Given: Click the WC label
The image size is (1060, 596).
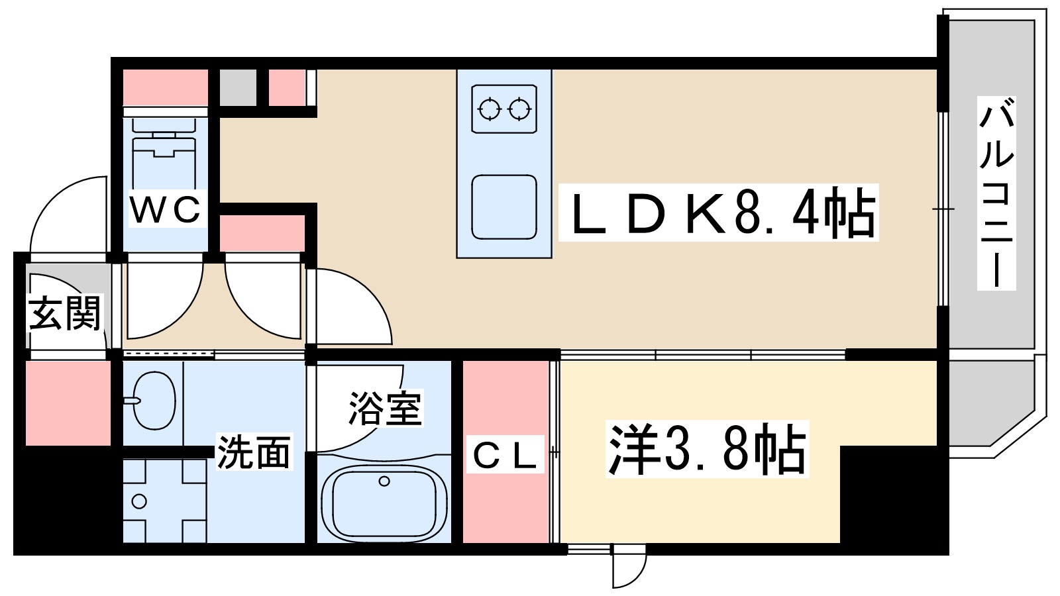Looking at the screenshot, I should pos(166,210).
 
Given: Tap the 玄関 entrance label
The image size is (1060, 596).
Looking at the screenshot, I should pos(64,313).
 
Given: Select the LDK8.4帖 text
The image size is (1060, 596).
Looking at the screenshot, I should pos(719,213).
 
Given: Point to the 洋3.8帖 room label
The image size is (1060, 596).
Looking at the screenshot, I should pos(707,450).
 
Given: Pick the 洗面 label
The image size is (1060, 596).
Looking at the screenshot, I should pos(254,453).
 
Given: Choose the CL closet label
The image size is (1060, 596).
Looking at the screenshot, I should pos(504,455).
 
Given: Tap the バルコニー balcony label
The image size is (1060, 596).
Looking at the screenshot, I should pos(996,194).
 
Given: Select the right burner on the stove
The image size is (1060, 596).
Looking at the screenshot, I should pos(519,109).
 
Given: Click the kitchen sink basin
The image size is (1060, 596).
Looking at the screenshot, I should pos(504,207).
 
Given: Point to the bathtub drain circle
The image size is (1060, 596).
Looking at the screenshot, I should pos(384,481).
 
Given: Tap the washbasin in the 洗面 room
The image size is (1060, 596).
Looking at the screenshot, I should pos(154,400).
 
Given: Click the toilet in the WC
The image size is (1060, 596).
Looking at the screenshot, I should pos(165,156).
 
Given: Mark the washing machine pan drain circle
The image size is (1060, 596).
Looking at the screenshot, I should pos(139,501).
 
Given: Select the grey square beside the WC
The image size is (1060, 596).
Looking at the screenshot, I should pos(238,87).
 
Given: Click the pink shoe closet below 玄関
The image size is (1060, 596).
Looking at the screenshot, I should pos(68,403).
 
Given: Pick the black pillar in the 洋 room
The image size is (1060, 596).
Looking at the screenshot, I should pos(888,493).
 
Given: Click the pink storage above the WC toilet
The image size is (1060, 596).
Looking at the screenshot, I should pos(166,87).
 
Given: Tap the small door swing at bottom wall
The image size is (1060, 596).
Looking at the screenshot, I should pos(627,566).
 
